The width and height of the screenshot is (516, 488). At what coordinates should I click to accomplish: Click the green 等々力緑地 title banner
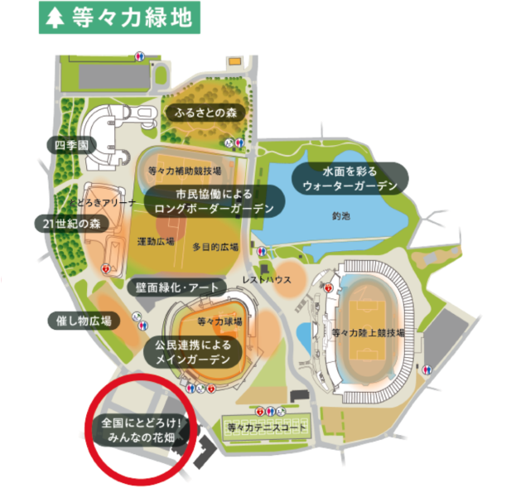[x=118, y=18]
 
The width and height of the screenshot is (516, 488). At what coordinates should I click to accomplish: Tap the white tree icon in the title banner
[x=56, y=19]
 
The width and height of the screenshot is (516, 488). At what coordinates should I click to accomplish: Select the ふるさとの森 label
[x=204, y=113]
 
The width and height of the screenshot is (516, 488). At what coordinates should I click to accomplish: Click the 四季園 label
[x=71, y=146]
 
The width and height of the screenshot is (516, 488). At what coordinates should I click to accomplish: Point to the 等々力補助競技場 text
[x=184, y=172]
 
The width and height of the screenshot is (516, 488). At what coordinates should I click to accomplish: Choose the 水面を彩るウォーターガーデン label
[x=350, y=178]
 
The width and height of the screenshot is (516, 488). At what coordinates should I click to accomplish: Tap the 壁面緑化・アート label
[x=176, y=287]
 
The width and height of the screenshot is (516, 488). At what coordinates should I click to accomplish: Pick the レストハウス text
[x=267, y=280]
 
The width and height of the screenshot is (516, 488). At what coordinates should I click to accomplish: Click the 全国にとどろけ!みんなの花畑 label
[x=142, y=429]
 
